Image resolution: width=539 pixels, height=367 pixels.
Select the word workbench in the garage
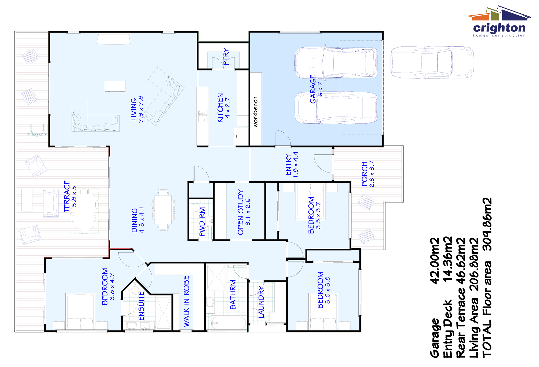[x=255, y=112]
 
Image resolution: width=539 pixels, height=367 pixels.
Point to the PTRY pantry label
[x=226, y=56]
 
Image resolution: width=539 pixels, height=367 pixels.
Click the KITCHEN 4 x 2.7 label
[x=223, y=108]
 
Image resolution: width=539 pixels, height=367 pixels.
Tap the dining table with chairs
[x=163, y=210]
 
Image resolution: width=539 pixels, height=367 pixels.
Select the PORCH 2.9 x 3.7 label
[x=368, y=174]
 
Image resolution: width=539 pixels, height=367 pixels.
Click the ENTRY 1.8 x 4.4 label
[x=291, y=164]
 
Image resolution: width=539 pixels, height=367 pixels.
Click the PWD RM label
[x=202, y=222]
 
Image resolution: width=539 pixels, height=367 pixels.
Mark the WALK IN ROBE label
[x=186, y=301]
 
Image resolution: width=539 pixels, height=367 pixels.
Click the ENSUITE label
[x=141, y=306]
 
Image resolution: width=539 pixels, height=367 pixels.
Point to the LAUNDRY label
[x=261, y=302]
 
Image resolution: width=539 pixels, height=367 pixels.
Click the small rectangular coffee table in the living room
[x=115, y=86]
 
